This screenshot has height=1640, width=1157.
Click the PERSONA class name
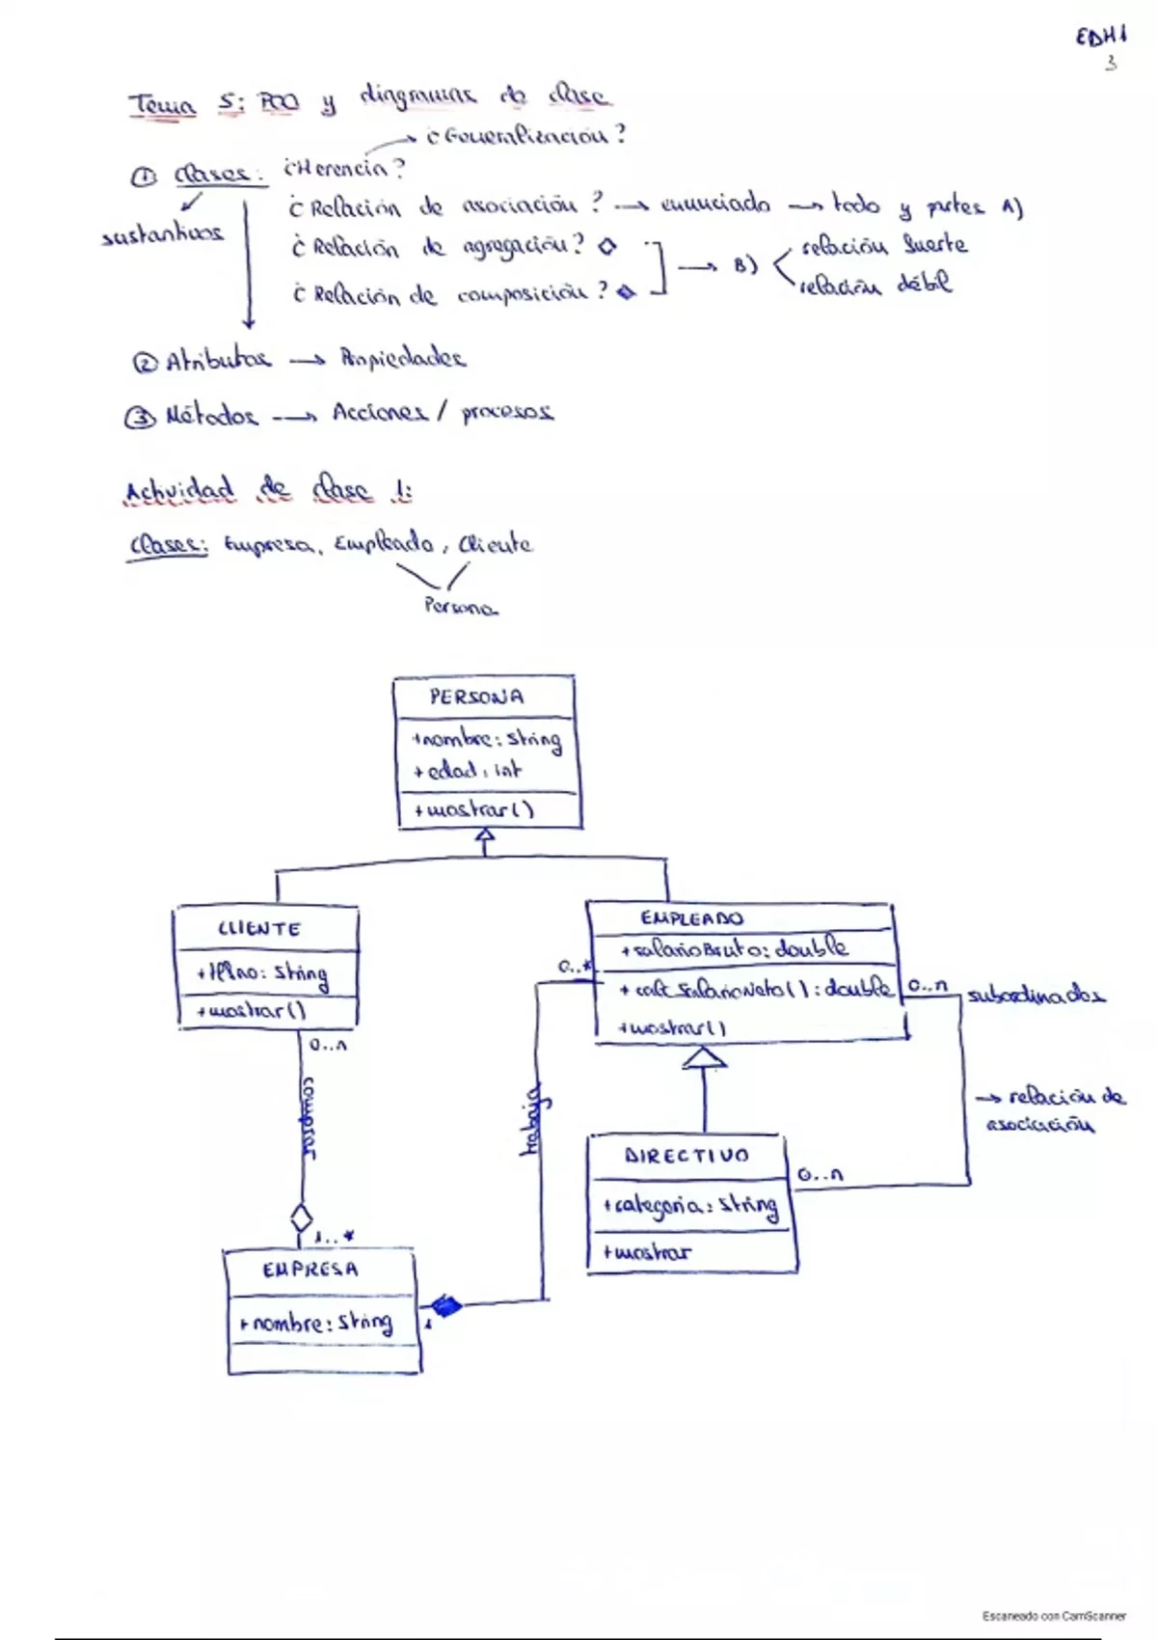click(x=477, y=697)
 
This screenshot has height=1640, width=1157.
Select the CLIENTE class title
click(x=259, y=929)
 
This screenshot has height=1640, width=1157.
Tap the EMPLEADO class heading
click(x=691, y=918)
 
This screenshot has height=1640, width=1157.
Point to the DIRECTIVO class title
click(x=686, y=1156)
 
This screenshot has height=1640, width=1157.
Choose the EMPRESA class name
click(x=309, y=1270)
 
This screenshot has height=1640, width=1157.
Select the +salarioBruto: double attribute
click(x=735, y=949)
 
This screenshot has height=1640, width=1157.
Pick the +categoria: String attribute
click(x=690, y=1206)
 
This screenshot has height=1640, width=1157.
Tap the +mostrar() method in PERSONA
click(x=473, y=809)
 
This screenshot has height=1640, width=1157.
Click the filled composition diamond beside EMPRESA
click(x=444, y=1306)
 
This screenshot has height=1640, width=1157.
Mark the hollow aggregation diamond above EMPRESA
click(x=302, y=1217)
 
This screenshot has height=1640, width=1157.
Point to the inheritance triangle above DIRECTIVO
click(x=704, y=1058)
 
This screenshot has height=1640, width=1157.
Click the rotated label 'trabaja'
click(x=531, y=1121)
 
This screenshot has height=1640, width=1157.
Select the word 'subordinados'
click(x=1036, y=995)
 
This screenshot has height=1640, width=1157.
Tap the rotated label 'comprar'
click(x=309, y=1117)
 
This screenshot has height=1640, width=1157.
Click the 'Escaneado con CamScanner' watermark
click(x=1054, y=1615)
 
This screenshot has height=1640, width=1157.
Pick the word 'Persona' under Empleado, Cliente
click(x=461, y=608)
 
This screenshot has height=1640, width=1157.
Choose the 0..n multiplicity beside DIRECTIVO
click(x=820, y=1175)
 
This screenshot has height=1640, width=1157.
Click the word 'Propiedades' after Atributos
click(x=403, y=359)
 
